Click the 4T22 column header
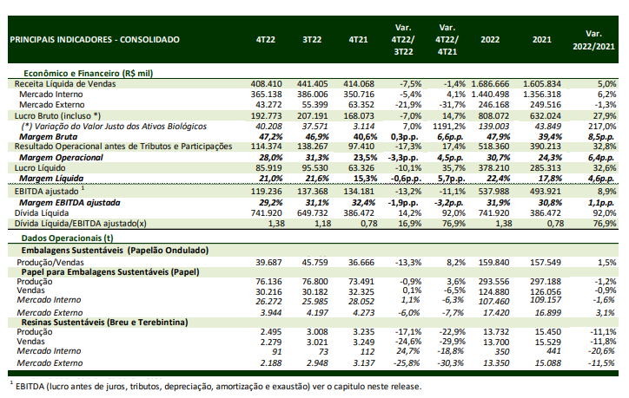[266, 40]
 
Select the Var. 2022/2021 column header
[593, 40]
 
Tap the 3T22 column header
[312, 40]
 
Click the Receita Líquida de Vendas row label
[65, 84]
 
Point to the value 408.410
[267, 84]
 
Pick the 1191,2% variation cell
[448, 127]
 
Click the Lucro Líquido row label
[40, 168]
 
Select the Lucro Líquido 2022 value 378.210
[493, 168]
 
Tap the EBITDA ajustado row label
[47, 192]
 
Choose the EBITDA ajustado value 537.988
[493, 192]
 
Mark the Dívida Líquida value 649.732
[312, 213]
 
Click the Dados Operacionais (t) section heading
[68, 238]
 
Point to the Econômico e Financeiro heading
[89, 74]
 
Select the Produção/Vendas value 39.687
[268, 263]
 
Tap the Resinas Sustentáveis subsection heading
[105, 323]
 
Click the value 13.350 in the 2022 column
[496, 363]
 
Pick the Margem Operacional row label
[61, 158]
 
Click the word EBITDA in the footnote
[30, 387]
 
